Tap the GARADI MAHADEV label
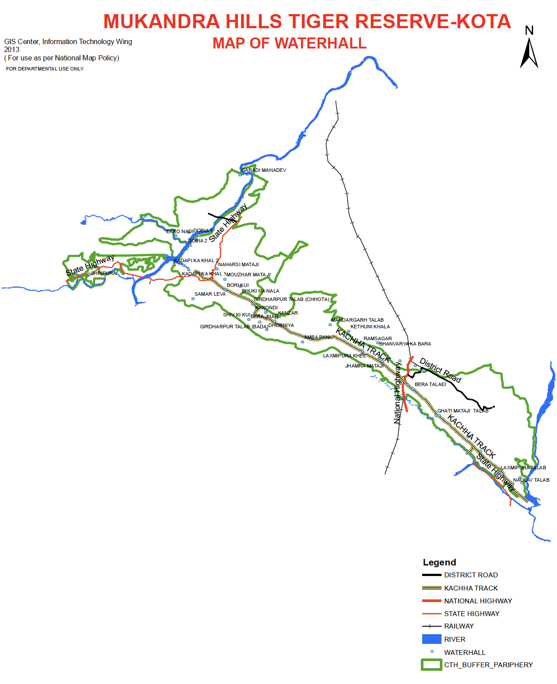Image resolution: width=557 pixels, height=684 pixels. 264,170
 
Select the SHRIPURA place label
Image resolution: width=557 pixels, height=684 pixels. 104,273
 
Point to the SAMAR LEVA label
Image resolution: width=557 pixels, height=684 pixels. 210,294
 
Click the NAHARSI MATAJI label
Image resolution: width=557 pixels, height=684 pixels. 238,264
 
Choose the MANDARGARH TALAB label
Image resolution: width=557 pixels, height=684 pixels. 357,320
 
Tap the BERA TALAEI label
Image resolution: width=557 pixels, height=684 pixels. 430,384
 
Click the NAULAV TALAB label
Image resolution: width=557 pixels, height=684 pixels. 531,480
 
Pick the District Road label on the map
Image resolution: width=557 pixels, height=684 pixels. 440,370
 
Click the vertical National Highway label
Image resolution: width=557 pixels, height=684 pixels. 397,393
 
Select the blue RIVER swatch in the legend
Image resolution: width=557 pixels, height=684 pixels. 431,639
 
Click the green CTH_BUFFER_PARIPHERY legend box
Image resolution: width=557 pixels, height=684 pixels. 431,665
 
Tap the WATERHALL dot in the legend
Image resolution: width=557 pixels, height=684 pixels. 432,651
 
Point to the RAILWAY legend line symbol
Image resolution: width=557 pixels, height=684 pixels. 431,626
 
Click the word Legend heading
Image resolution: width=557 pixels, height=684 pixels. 439,562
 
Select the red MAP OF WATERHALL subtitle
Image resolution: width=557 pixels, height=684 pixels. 290,43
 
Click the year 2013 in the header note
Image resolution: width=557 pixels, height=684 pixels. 12,49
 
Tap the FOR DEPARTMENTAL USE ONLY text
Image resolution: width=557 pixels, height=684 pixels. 45,69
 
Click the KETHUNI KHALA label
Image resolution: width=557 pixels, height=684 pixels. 370,327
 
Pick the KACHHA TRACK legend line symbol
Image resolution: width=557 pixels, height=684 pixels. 431,588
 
